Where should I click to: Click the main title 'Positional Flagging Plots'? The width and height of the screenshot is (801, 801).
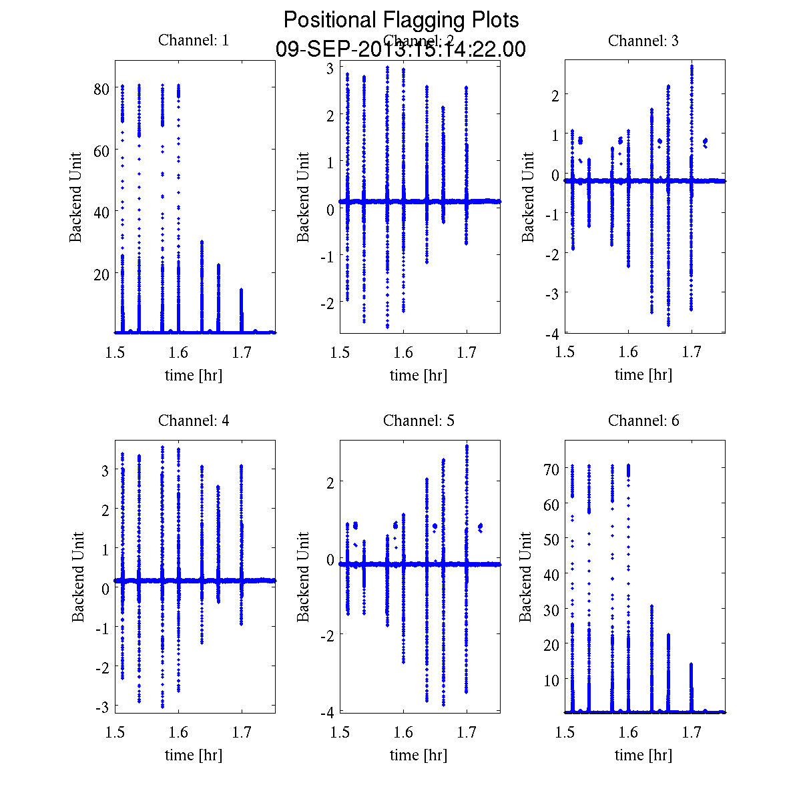[x=401, y=20]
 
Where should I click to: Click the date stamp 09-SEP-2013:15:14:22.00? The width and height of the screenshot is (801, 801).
[x=401, y=49]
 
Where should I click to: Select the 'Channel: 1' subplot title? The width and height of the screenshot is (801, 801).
[x=194, y=40]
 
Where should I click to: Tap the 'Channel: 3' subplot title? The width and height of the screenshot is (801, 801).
[x=643, y=41]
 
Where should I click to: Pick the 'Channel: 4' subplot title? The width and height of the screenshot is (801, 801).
[x=194, y=421]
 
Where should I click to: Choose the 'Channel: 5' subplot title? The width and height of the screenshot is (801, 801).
[x=419, y=421]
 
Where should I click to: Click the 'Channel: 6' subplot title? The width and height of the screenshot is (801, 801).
[x=643, y=421]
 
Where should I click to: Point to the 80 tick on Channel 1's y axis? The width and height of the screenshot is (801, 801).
[x=101, y=89]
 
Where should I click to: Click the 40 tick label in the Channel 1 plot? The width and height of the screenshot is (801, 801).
[x=101, y=212]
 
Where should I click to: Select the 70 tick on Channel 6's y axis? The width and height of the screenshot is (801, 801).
[x=551, y=469]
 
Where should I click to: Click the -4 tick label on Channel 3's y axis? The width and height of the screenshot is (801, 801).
[x=551, y=332]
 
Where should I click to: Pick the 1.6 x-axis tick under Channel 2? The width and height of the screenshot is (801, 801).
[x=403, y=352]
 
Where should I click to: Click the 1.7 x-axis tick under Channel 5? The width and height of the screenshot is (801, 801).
[x=467, y=733]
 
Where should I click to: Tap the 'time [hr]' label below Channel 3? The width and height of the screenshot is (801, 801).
[x=643, y=374]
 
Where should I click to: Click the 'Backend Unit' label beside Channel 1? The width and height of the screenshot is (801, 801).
[x=76, y=197]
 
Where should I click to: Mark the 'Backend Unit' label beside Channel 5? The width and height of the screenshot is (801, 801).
[x=304, y=577]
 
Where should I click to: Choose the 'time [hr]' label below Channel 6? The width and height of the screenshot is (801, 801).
[x=643, y=755]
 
